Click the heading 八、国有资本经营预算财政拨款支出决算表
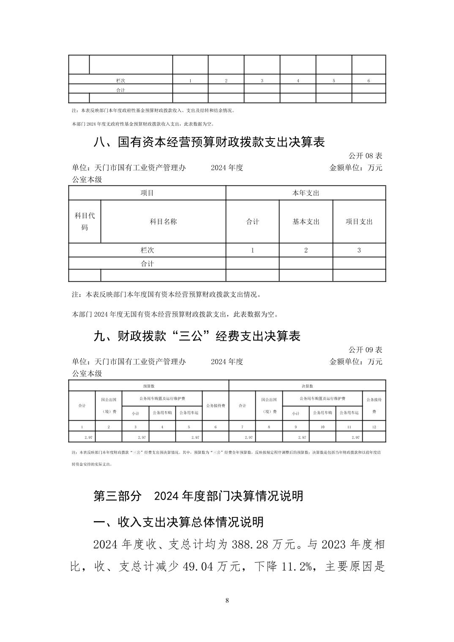pos(209,142)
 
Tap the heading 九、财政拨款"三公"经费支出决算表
pos(197,336)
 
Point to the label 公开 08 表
pos(365,156)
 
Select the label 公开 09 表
pos(365,350)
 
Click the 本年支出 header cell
pos(306,193)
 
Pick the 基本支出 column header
pos(306,222)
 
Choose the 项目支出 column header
pos(359,222)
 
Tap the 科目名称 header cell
pos(163,222)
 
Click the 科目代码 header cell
pos(85,221)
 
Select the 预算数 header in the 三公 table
pos(148,386)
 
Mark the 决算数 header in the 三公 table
pos(307,386)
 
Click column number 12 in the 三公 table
pos(374,427)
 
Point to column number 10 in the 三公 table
pos(322,427)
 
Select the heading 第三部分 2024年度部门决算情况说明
pos(198,496)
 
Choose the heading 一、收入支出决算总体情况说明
pos(178,522)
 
